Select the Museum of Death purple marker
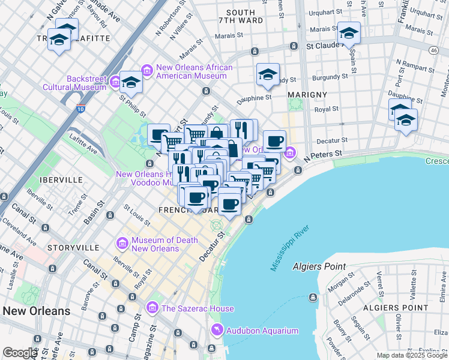click(122, 244)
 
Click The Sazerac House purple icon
click(152, 308)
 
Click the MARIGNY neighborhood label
click(307, 95)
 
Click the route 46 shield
click(433, 51)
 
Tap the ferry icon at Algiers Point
click(313, 298)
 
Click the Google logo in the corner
click(19, 352)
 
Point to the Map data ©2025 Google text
click(412, 355)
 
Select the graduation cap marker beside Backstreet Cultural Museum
click(130, 82)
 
